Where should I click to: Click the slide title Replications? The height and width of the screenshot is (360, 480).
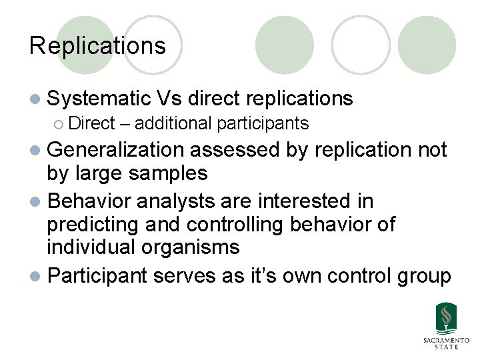point(97,46)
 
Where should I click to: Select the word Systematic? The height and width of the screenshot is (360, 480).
point(99,99)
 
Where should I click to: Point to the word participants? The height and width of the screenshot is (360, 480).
point(262,123)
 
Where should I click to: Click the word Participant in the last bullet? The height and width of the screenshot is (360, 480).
point(98,275)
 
